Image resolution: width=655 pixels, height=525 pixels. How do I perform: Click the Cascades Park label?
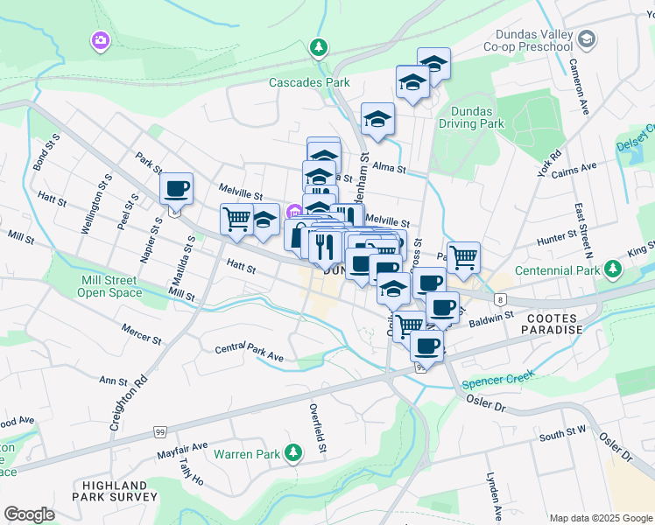pyautogui.click(x=309, y=83)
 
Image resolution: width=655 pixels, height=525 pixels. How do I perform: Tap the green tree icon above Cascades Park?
pyautogui.click(x=320, y=46)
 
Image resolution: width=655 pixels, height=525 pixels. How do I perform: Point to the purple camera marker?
pyautogui.click(x=100, y=40)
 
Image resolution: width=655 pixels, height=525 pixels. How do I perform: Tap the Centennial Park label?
pyautogui.click(x=558, y=270)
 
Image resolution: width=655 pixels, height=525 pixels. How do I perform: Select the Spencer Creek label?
pyautogui.click(x=497, y=381)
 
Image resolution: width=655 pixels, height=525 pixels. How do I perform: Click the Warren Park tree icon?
pyautogui.click(x=296, y=453)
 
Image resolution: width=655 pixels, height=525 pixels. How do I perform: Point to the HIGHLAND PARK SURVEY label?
pyautogui.click(x=115, y=492)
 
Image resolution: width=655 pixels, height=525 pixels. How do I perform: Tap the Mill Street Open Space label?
pyautogui.click(x=109, y=286)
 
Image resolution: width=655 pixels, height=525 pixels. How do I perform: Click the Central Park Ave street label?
pyautogui.click(x=250, y=353)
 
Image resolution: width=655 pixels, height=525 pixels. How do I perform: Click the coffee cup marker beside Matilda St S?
pyautogui.click(x=177, y=189)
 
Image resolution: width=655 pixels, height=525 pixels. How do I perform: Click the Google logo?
pyautogui.click(x=29, y=514)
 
